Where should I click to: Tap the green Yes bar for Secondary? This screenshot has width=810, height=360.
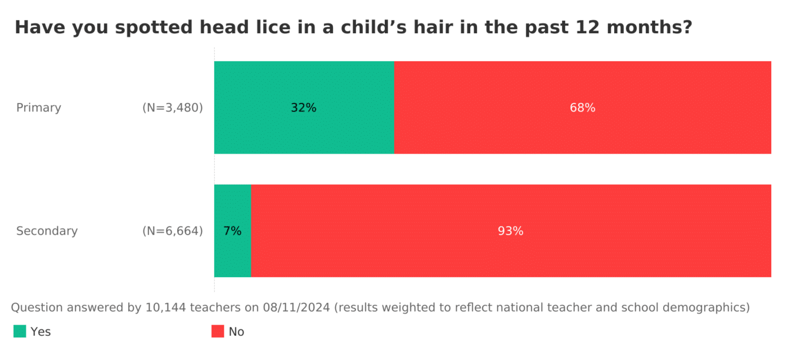(232, 253)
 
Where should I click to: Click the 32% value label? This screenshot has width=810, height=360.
(304, 108)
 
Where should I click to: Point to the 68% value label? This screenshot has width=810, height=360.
(582, 108)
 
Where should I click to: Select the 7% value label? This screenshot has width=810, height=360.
(232, 231)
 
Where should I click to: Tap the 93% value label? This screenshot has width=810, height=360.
(511, 231)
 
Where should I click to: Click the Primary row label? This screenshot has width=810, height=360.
(39, 108)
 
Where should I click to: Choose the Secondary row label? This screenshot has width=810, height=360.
(47, 231)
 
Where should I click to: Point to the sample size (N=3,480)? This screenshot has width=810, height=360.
(173, 108)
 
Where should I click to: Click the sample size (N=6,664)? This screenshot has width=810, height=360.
(173, 231)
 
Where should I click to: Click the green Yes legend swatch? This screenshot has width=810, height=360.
(20, 331)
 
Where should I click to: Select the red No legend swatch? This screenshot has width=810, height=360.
(218, 331)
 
